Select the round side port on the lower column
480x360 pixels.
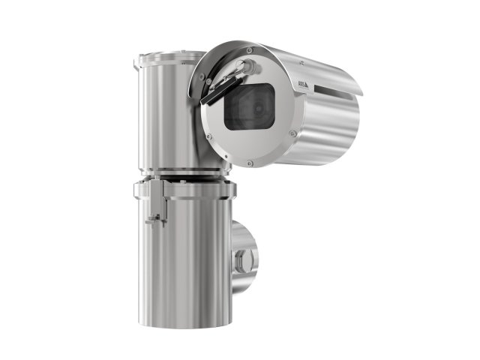click(x=244, y=259)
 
